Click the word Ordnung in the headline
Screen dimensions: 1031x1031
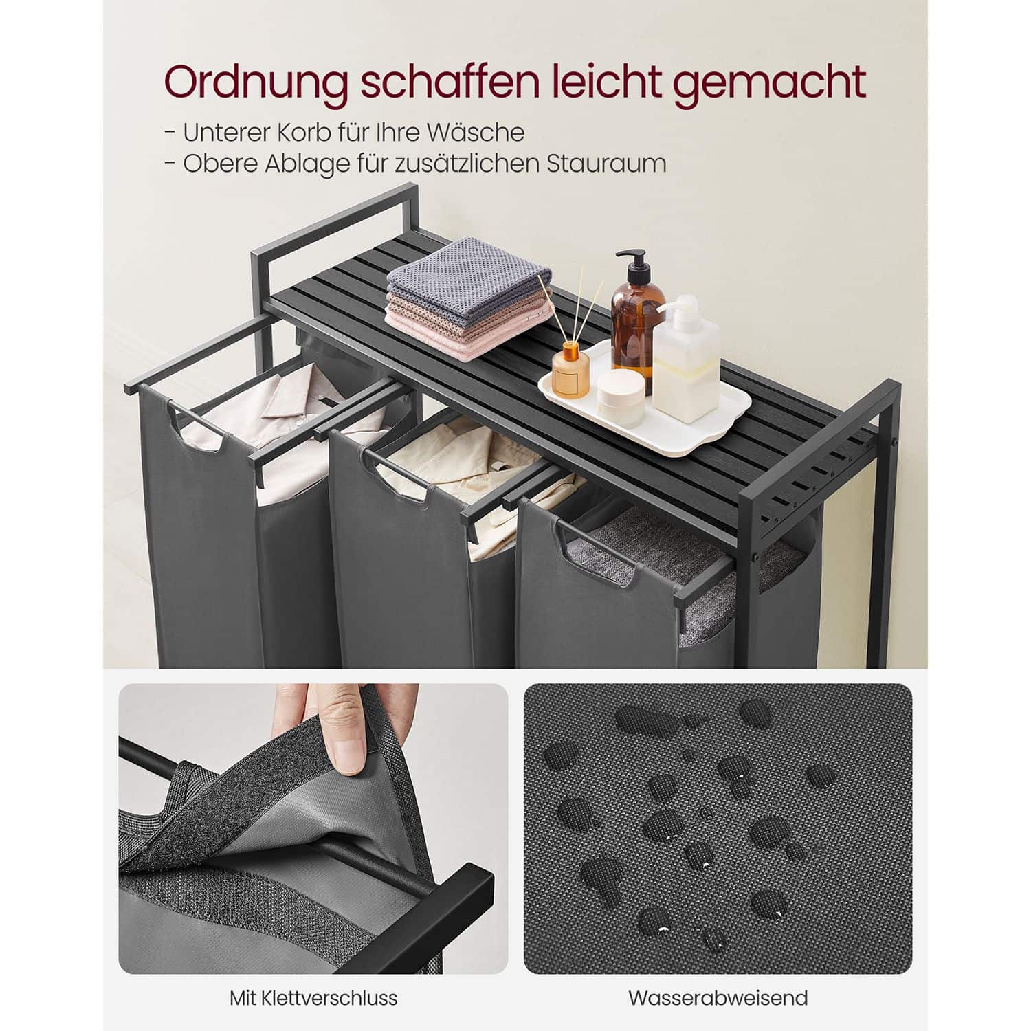254,84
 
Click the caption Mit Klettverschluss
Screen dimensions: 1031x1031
313,997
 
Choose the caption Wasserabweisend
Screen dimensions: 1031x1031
718,997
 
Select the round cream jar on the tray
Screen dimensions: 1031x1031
621,396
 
